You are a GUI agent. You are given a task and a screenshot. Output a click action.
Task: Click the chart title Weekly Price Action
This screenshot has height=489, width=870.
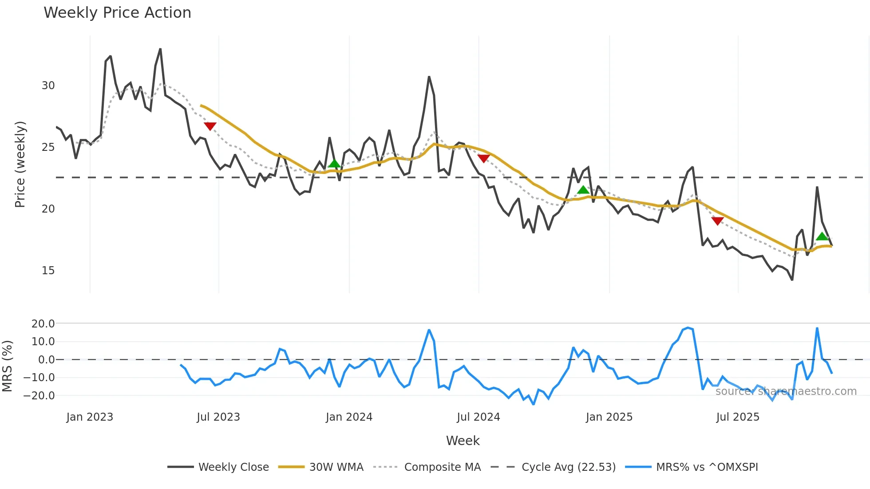117,13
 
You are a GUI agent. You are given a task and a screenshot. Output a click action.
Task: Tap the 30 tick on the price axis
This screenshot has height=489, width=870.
48,86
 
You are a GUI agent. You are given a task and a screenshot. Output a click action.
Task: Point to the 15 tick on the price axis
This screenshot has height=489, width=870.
48,271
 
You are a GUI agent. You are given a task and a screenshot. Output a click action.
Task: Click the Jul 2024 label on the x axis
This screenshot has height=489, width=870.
478,417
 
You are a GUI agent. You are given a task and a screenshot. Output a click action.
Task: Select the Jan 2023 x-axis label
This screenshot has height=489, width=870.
90,417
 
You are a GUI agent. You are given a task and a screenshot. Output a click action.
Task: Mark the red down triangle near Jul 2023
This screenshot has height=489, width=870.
210,126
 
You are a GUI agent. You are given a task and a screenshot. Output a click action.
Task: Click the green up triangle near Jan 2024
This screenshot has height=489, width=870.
335,164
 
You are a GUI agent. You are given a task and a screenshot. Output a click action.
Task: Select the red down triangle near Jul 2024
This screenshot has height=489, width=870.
483,158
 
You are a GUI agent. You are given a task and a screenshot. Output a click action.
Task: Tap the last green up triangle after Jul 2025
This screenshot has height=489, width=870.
822,237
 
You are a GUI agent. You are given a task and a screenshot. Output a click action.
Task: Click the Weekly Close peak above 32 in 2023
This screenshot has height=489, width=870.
160,49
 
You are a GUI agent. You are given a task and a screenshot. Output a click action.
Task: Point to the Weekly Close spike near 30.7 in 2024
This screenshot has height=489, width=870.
429,77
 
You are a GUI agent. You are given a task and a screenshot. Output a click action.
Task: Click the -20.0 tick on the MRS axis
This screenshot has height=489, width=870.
43,395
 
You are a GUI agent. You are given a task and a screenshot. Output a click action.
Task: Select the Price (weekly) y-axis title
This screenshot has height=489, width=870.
20,164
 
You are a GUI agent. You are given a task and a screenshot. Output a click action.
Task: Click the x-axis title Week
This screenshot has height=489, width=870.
463,441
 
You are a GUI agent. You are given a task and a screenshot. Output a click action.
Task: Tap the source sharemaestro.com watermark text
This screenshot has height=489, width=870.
786,391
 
